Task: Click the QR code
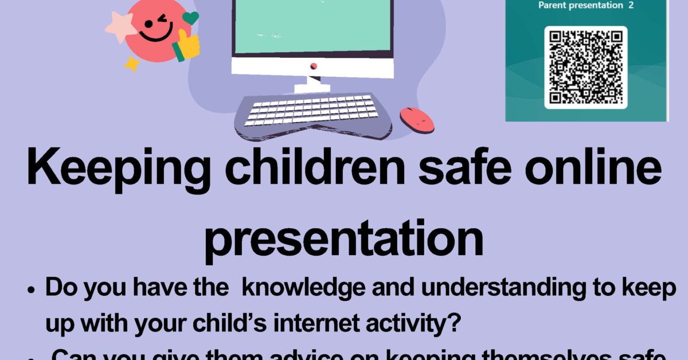click(x=585, y=67)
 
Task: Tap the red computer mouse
click(x=417, y=119)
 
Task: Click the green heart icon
click(x=190, y=18)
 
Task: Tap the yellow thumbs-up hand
click(x=186, y=45)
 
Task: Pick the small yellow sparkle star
click(x=132, y=63)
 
